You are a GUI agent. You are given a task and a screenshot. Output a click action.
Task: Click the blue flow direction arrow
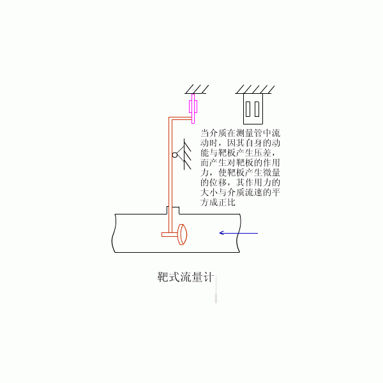tap(239, 233)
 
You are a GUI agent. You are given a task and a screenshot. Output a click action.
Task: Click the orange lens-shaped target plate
tap(182, 234)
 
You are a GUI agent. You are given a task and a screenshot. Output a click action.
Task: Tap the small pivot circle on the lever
tap(175, 155)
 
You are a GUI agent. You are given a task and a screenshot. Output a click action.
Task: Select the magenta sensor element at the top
tap(193, 109)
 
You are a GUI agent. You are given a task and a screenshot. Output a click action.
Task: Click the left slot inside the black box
tap(248, 109)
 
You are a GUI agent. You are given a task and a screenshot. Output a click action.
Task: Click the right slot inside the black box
tap(257, 109)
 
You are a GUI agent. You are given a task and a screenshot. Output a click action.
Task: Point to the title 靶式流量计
tap(186, 277)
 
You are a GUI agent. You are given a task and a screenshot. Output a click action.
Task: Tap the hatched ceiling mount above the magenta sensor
tap(197, 89)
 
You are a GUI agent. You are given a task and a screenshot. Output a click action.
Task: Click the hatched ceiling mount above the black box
tap(255, 89)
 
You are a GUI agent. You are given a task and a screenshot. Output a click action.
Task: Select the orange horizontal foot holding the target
tap(170, 235)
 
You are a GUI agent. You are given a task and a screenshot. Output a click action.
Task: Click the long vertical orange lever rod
tap(170, 175)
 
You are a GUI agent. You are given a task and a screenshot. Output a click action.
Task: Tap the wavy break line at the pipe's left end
tap(114, 233)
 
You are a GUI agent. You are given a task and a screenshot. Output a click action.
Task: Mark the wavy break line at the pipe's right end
tap(239, 233)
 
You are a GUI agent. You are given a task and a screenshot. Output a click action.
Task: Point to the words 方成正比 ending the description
tap(218, 202)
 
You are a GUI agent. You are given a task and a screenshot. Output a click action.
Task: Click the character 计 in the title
tap(209, 277)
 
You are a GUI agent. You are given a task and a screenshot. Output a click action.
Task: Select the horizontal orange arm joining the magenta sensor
tap(181, 119)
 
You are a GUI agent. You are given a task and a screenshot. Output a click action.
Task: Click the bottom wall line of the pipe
tap(177, 252)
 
